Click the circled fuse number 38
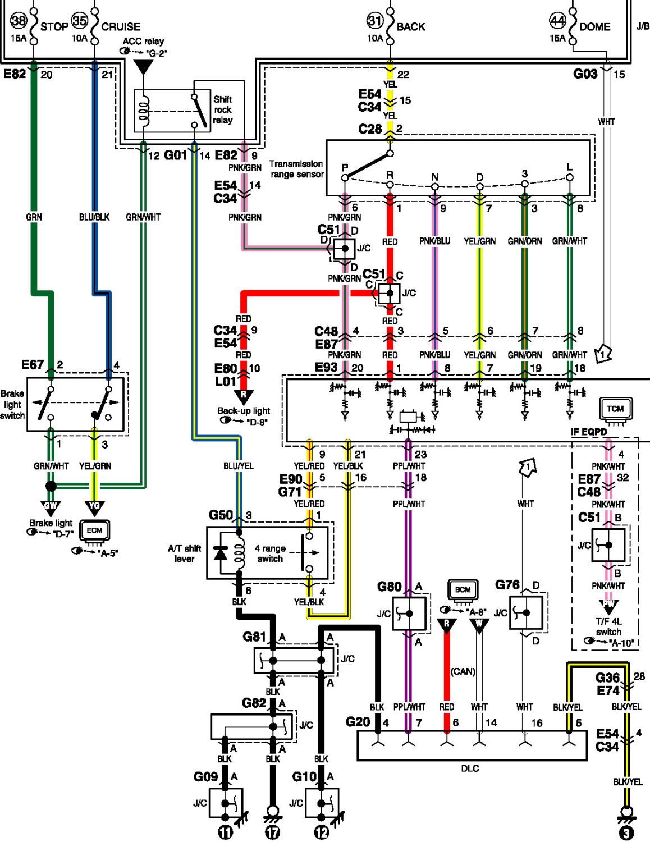coord(18,20)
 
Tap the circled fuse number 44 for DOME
coord(558,21)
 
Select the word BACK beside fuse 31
coord(411,27)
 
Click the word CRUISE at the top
coord(121,27)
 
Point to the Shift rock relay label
coord(223,109)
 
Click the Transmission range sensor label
coord(296,169)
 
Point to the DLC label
coord(470,768)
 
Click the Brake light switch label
coord(12,405)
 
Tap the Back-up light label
coord(244,411)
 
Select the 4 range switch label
coord(270,553)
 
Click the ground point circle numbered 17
coord(273,832)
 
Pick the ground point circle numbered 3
coord(626,832)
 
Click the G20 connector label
coord(358,722)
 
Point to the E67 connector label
coord(33,365)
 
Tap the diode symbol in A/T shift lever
coord(221,553)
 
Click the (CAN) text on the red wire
coord(463,671)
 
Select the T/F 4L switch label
coord(608,626)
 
